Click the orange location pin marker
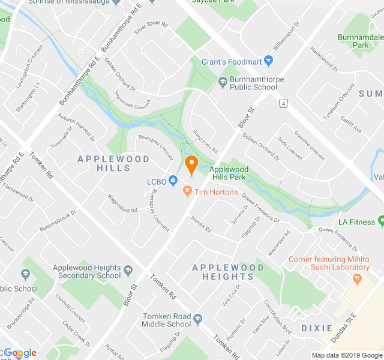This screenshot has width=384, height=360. [x=191, y=164]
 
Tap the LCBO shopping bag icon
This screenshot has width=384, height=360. [x=173, y=180]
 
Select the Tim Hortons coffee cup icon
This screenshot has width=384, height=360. [x=187, y=192]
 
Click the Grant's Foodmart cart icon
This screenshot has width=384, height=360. [x=268, y=61]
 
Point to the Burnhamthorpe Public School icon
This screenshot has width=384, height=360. [x=222, y=82]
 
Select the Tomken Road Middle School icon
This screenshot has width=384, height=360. [x=197, y=320]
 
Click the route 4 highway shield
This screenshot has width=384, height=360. [x=282, y=104]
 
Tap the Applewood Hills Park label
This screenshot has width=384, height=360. [x=229, y=173]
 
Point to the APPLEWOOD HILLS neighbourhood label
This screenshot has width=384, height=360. [x=105, y=163]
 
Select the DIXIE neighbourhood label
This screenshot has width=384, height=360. [x=316, y=328]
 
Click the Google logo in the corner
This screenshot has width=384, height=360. [x=19, y=353]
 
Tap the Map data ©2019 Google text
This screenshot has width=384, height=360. [x=347, y=355]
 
